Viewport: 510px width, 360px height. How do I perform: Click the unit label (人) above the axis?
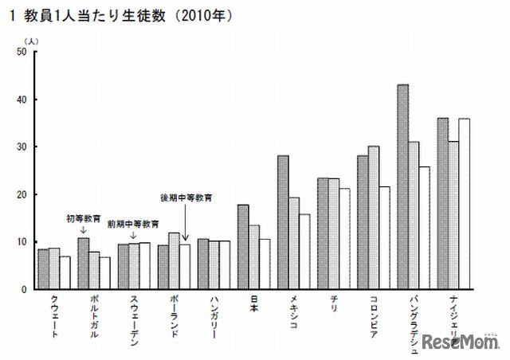tap(29, 40)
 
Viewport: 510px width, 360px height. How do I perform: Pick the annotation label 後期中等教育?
tap(187, 197)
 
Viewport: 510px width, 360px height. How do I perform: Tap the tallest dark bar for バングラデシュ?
tap(403, 186)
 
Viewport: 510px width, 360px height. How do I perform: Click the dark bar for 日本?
tap(243, 246)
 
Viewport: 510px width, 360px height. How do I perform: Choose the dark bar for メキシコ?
tap(283, 222)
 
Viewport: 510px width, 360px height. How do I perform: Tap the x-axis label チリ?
tap(333, 303)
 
